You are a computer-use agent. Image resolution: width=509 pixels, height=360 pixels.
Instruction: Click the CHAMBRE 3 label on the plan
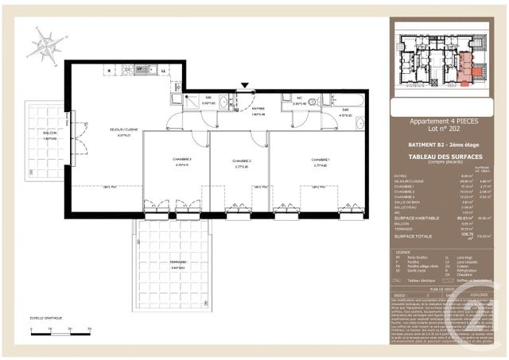click(x=181, y=161)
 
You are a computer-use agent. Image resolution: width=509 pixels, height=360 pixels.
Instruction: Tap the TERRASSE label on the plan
click(x=177, y=263)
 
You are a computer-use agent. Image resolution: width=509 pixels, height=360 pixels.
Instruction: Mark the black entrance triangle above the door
click(x=245, y=86)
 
